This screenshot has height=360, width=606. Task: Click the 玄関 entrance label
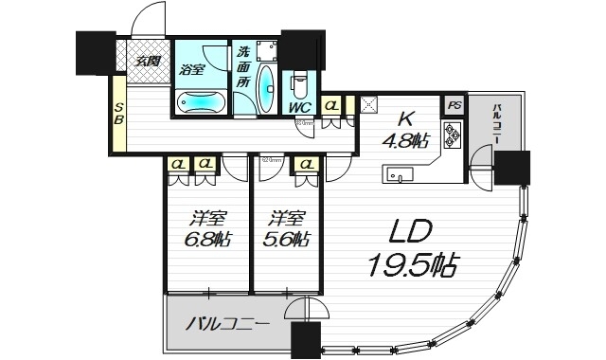146,62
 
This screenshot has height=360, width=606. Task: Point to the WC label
300,108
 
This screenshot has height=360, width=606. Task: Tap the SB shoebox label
119,114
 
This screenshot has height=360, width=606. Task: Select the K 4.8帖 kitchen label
405,131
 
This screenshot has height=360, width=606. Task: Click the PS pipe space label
454,105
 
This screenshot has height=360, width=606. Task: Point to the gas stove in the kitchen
453,135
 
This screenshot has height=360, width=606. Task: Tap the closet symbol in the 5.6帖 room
306,165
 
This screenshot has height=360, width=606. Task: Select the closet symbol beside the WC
331,105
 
